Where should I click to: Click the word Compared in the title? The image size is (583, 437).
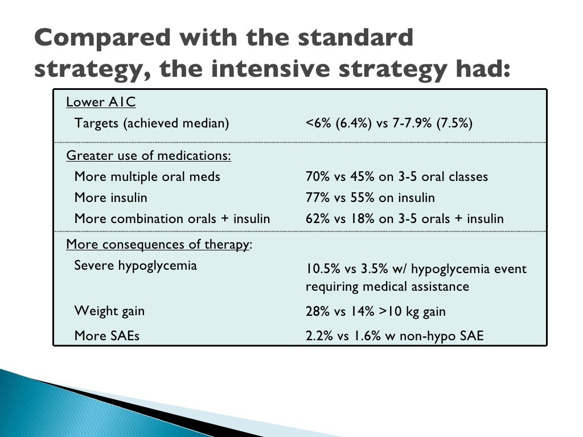(x=93, y=39)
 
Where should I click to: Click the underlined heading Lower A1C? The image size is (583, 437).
(x=101, y=102)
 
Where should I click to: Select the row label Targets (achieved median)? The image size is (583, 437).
(x=151, y=123)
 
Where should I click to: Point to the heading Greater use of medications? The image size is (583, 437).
(x=148, y=156)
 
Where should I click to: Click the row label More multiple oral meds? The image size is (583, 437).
(x=147, y=177)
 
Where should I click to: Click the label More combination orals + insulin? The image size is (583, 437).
(x=172, y=219)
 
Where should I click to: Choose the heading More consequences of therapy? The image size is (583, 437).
(x=158, y=245)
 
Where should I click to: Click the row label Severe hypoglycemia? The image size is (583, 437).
(x=136, y=266)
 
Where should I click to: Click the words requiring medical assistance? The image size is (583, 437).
(x=387, y=286)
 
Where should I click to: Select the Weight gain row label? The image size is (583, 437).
(x=109, y=311)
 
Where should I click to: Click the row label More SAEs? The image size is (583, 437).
(x=106, y=336)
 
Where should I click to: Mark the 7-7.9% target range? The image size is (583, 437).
(x=410, y=123)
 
